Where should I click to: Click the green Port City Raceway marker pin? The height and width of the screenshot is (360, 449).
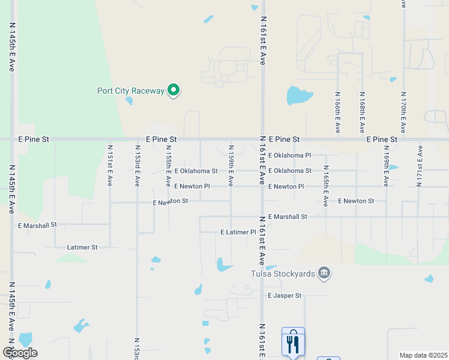pyautogui.click(x=173, y=91)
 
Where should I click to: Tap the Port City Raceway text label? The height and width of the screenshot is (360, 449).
pyautogui.click(x=131, y=91)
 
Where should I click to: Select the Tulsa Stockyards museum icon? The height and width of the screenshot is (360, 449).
pyautogui.click(x=324, y=274)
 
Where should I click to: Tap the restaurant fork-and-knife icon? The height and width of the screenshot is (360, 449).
pyautogui.click(x=293, y=343)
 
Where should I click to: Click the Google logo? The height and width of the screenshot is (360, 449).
pyautogui.click(x=20, y=353)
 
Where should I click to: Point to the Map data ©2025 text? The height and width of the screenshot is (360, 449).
pyautogui.click(x=423, y=355)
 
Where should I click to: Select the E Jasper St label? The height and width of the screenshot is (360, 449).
pyautogui.click(x=285, y=296)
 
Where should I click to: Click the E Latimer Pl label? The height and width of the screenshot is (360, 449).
pyautogui.click(x=238, y=232)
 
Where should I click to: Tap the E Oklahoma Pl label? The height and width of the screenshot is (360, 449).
pyautogui.click(x=289, y=155)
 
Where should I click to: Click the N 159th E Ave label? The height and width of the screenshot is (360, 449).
pyautogui.click(x=231, y=165)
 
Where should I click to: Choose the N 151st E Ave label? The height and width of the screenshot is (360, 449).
pyautogui.click(x=110, y=165)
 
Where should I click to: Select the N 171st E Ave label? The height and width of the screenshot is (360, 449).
pyautogui.click(x=420, y=165)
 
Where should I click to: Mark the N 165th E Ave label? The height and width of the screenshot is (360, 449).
pyautogui.click(x=325, y=186)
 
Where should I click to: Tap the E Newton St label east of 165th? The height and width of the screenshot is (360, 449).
pyautogui.click(x=356, y=201)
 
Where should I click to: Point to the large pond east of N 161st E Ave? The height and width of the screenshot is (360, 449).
pyautogui.click(x=298, y=95)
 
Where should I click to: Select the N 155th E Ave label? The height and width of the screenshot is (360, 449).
pyautogui.click(x=168, y=165)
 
